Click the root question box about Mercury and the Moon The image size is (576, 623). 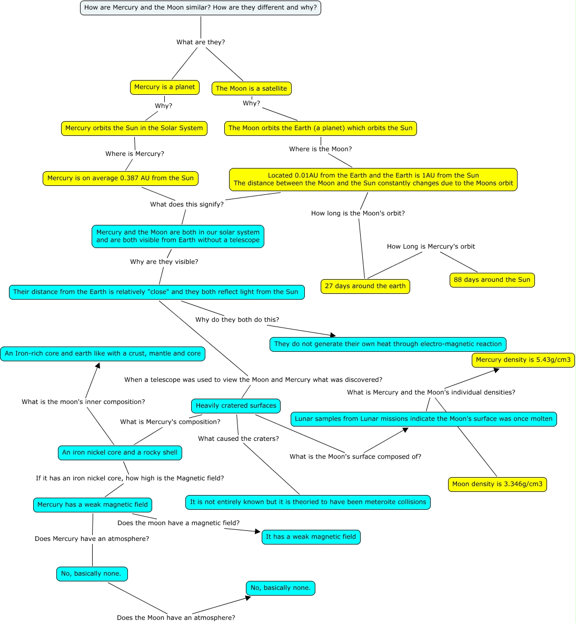(200, 8)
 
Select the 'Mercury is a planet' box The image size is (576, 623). (164, 87)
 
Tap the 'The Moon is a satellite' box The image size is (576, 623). (251, 88)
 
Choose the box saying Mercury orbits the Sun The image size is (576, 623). (134, 128)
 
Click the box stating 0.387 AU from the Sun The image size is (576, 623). (120, 179)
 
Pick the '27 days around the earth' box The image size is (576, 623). (365, 286)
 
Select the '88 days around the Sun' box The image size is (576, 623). (492, 280)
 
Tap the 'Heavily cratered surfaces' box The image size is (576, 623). (236, 406)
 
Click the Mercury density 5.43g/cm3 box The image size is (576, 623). (523, 360)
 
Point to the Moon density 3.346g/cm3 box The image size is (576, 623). (497, 484)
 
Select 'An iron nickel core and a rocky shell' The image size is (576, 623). (120, 453)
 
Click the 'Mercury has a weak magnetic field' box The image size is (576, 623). (93, 505)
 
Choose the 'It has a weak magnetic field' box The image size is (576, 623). (311, 537)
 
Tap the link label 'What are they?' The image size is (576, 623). (201, 42)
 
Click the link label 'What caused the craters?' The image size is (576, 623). (239, 439)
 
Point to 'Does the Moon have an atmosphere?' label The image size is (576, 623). (176, 618)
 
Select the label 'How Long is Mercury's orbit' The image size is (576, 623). (431, 246)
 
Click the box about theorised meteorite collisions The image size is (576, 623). (308, 502)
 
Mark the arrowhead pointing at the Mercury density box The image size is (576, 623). (496, 370)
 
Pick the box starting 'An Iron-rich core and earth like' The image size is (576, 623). (103, 354)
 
